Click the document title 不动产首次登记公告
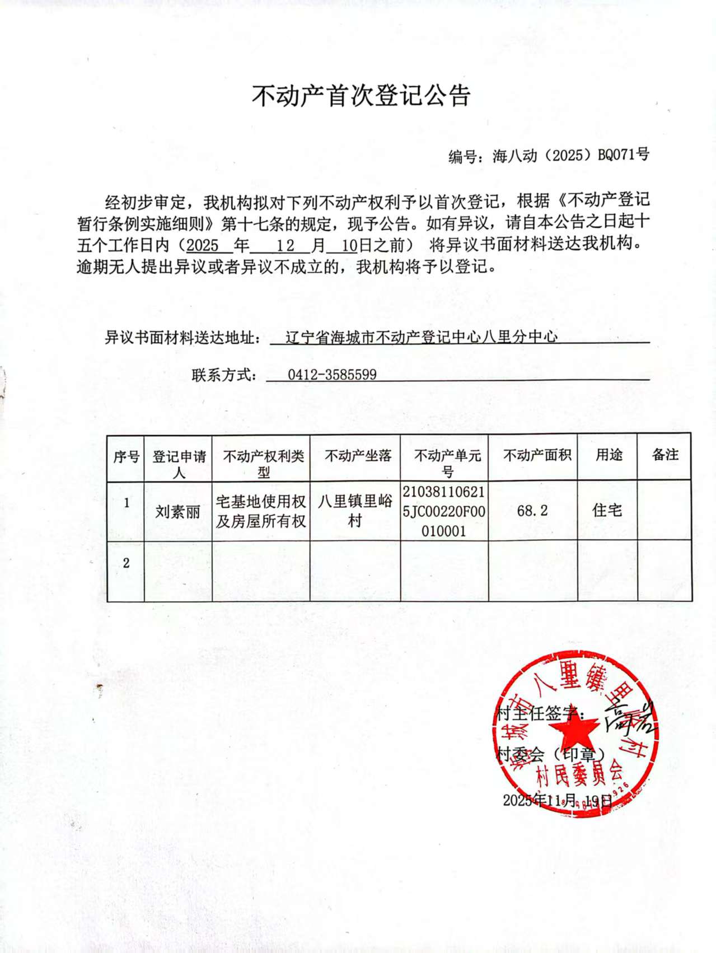coord(361,96)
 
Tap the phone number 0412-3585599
coord(332,375)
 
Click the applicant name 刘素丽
coord(177,511)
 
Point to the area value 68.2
coord(532,511)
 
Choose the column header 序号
coord(126,457)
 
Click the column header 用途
coord(609,455)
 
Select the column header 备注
coord(665,455)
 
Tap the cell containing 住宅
coord(607,510)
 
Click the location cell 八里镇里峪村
coord(355,511)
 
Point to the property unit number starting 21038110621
coord(444,511)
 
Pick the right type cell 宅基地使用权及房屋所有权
coord(261,511)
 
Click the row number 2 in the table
coord(126,563)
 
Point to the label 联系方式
coord(223,375)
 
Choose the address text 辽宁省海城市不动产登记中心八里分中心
coord(421,337)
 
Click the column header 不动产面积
coord(536,455)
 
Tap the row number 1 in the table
coord(127,502)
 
